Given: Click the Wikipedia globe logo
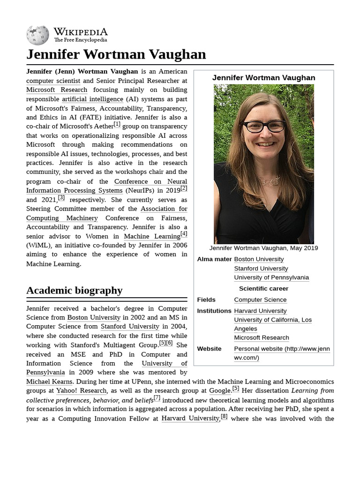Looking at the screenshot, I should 37,35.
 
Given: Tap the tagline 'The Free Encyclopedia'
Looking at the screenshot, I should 80,40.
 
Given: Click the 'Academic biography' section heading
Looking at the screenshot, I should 74,290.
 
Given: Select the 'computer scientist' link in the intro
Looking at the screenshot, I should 53,81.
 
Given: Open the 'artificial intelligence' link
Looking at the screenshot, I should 92,99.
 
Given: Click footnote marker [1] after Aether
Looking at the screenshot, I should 117,124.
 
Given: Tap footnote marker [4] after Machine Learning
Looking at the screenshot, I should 184,234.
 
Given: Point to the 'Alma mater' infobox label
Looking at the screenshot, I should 214,259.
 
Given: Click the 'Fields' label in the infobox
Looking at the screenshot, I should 206,300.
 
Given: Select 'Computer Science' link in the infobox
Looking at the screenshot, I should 260,300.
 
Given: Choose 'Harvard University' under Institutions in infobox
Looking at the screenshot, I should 260,311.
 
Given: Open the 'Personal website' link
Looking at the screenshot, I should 281,349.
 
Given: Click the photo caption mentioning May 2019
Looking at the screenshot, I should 263,248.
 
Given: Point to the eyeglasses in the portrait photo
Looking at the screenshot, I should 263,126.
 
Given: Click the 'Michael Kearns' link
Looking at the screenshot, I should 49,382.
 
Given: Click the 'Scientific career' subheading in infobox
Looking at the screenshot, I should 263,289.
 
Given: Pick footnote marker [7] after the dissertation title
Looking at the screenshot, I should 157,398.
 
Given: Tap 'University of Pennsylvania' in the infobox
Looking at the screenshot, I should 271,277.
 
